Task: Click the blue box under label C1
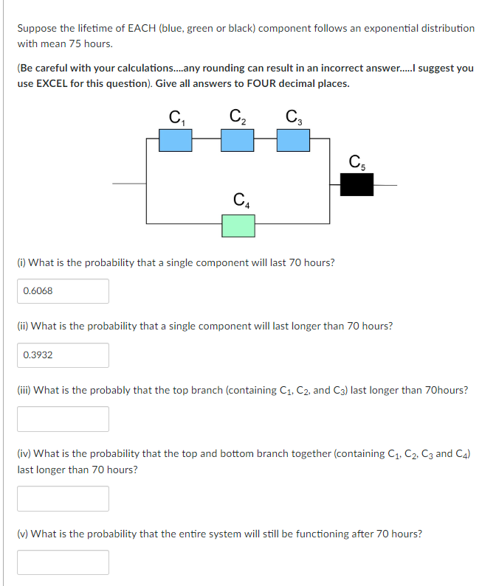coord(176,140)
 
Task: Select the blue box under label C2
coord(238,140)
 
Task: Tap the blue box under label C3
coord(293,140)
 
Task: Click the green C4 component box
coord(238,226)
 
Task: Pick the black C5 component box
coord(356,184)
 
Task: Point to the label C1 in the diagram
coord(176,116)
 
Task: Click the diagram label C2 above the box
coord(238,116)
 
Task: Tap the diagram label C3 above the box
coord(293,116)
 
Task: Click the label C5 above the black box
coord(356,161)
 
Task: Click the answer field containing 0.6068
coord(63,291)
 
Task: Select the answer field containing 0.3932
coord(63,355)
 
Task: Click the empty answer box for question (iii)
coord(63,419)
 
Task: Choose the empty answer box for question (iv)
coord(63,498)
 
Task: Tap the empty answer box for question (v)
coord(63,562)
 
